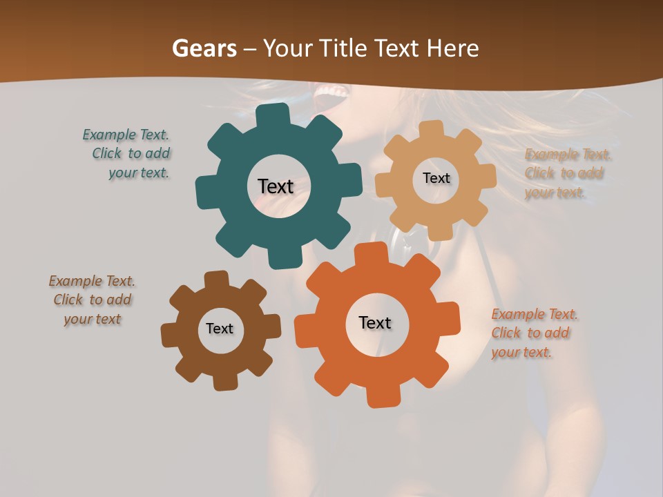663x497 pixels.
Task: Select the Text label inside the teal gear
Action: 276,186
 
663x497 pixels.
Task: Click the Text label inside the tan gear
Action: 436,178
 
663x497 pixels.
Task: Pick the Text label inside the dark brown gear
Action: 220,329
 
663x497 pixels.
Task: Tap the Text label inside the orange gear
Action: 375,322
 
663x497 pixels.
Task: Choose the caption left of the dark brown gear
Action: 92,300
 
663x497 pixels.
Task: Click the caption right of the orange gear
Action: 534,333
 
